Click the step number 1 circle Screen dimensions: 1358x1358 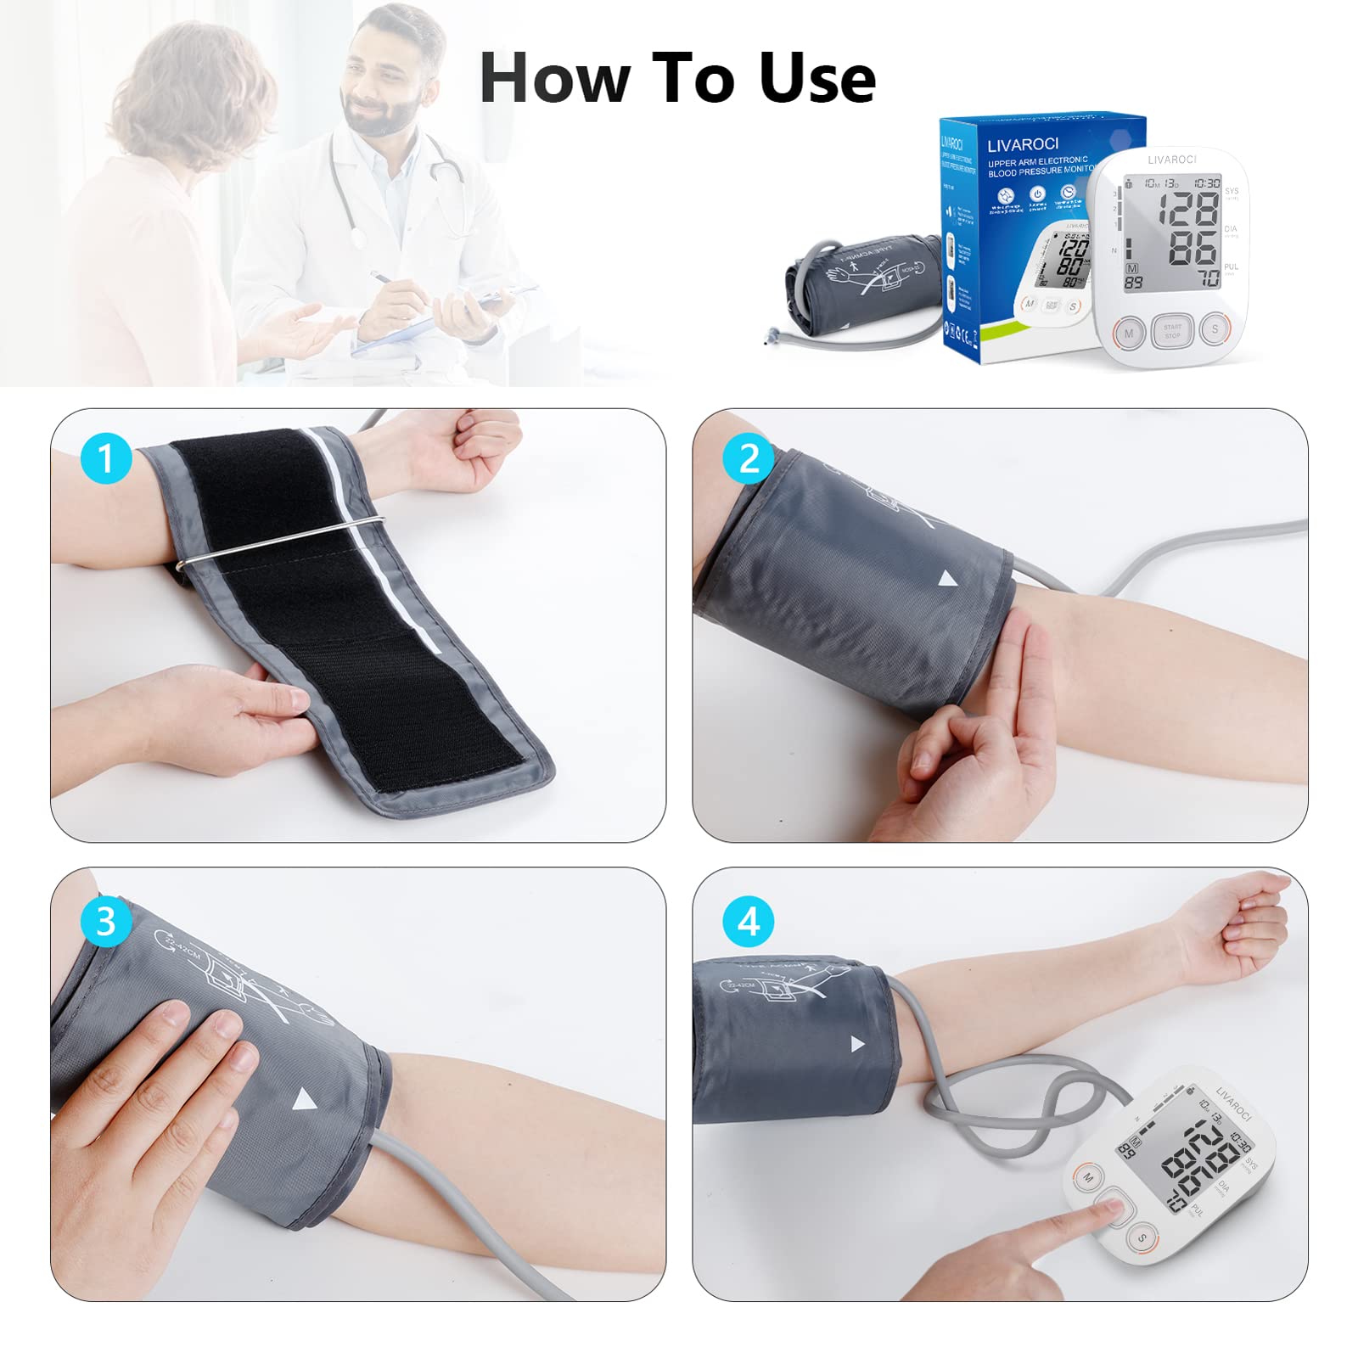coord(106,459)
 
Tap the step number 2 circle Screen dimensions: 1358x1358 coord(749,459)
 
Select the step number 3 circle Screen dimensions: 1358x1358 coord(106,922)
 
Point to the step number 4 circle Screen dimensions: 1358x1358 coord(749,922)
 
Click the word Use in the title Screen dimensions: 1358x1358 coord(816,78)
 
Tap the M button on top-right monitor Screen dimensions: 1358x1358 coord(1129,334)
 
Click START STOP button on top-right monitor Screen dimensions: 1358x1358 coord(1172,331)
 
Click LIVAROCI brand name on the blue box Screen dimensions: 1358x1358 coord(1022,144)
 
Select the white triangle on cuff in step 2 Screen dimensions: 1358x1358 coord(947,580)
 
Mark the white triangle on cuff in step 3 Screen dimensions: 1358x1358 coord(303,1102)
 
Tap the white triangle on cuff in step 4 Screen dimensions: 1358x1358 coord(857,1044)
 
